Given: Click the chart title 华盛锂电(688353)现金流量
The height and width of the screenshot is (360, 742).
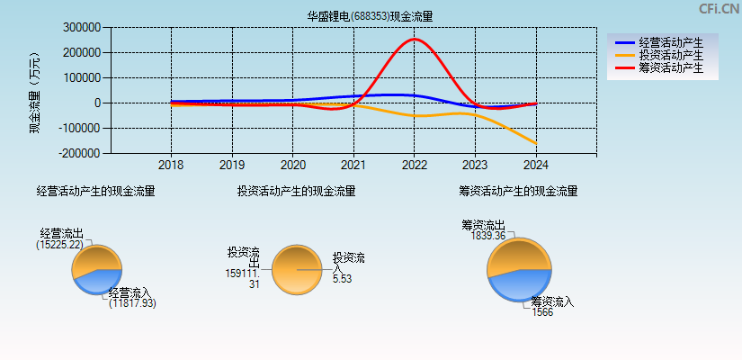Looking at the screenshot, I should [370, 16].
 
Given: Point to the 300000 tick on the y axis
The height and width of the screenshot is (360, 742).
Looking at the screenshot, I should [82, 28].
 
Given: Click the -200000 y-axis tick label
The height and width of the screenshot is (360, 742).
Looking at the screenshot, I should [80, 154].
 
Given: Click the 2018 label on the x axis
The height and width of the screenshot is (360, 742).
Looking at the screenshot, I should [171, 166].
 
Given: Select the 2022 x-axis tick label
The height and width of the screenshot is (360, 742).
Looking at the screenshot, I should [415, 166].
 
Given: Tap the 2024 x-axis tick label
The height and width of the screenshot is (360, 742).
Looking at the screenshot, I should [536, 166].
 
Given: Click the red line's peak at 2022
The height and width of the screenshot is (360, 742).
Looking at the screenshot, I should [415, 39].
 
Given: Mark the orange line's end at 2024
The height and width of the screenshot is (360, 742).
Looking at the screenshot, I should [536, 143].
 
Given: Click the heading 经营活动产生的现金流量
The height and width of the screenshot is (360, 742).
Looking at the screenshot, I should [95, 191].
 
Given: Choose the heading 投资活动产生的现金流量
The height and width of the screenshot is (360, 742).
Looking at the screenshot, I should [296, 191].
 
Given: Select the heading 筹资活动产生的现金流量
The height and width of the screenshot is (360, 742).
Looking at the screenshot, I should [518, 191].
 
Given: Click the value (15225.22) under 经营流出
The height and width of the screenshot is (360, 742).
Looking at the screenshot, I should [59, 244].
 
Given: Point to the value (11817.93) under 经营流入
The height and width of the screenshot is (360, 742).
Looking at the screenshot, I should [132, 304].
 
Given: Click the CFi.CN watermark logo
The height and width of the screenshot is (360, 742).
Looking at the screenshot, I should [719, 9].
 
